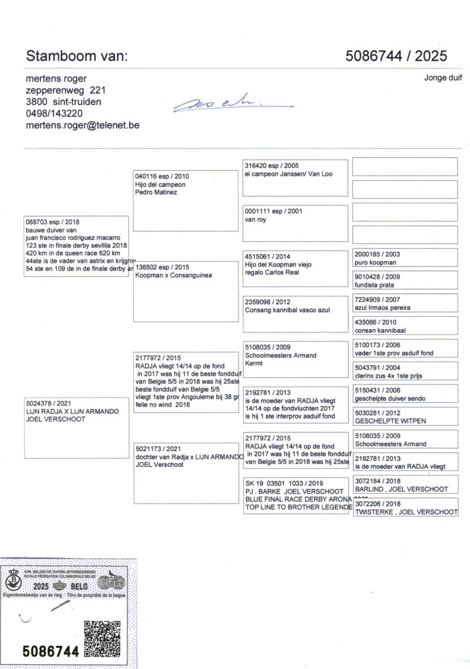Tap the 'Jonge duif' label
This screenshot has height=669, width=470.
pos(443,77)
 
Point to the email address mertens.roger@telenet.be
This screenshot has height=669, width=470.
pos(82,125)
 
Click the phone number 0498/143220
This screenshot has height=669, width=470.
pos(54,113)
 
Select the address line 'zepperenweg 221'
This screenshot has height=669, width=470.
pos(66,90)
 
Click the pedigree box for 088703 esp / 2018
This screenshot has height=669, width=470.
pos(76,246)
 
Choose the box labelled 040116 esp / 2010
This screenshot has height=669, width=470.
pos(185,201)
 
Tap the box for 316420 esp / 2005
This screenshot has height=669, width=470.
pos(295,177)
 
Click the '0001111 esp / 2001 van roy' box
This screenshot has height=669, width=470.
pos(295,223)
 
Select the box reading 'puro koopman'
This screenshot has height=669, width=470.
pos(405,258)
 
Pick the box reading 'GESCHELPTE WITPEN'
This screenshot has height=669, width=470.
pos(405,417)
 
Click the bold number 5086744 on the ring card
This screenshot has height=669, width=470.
pos(51,651)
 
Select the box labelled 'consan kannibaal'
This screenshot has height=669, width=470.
pos(405,326)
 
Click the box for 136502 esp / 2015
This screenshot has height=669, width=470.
pos(185,291)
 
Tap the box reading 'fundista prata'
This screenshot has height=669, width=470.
pos(405,281)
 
